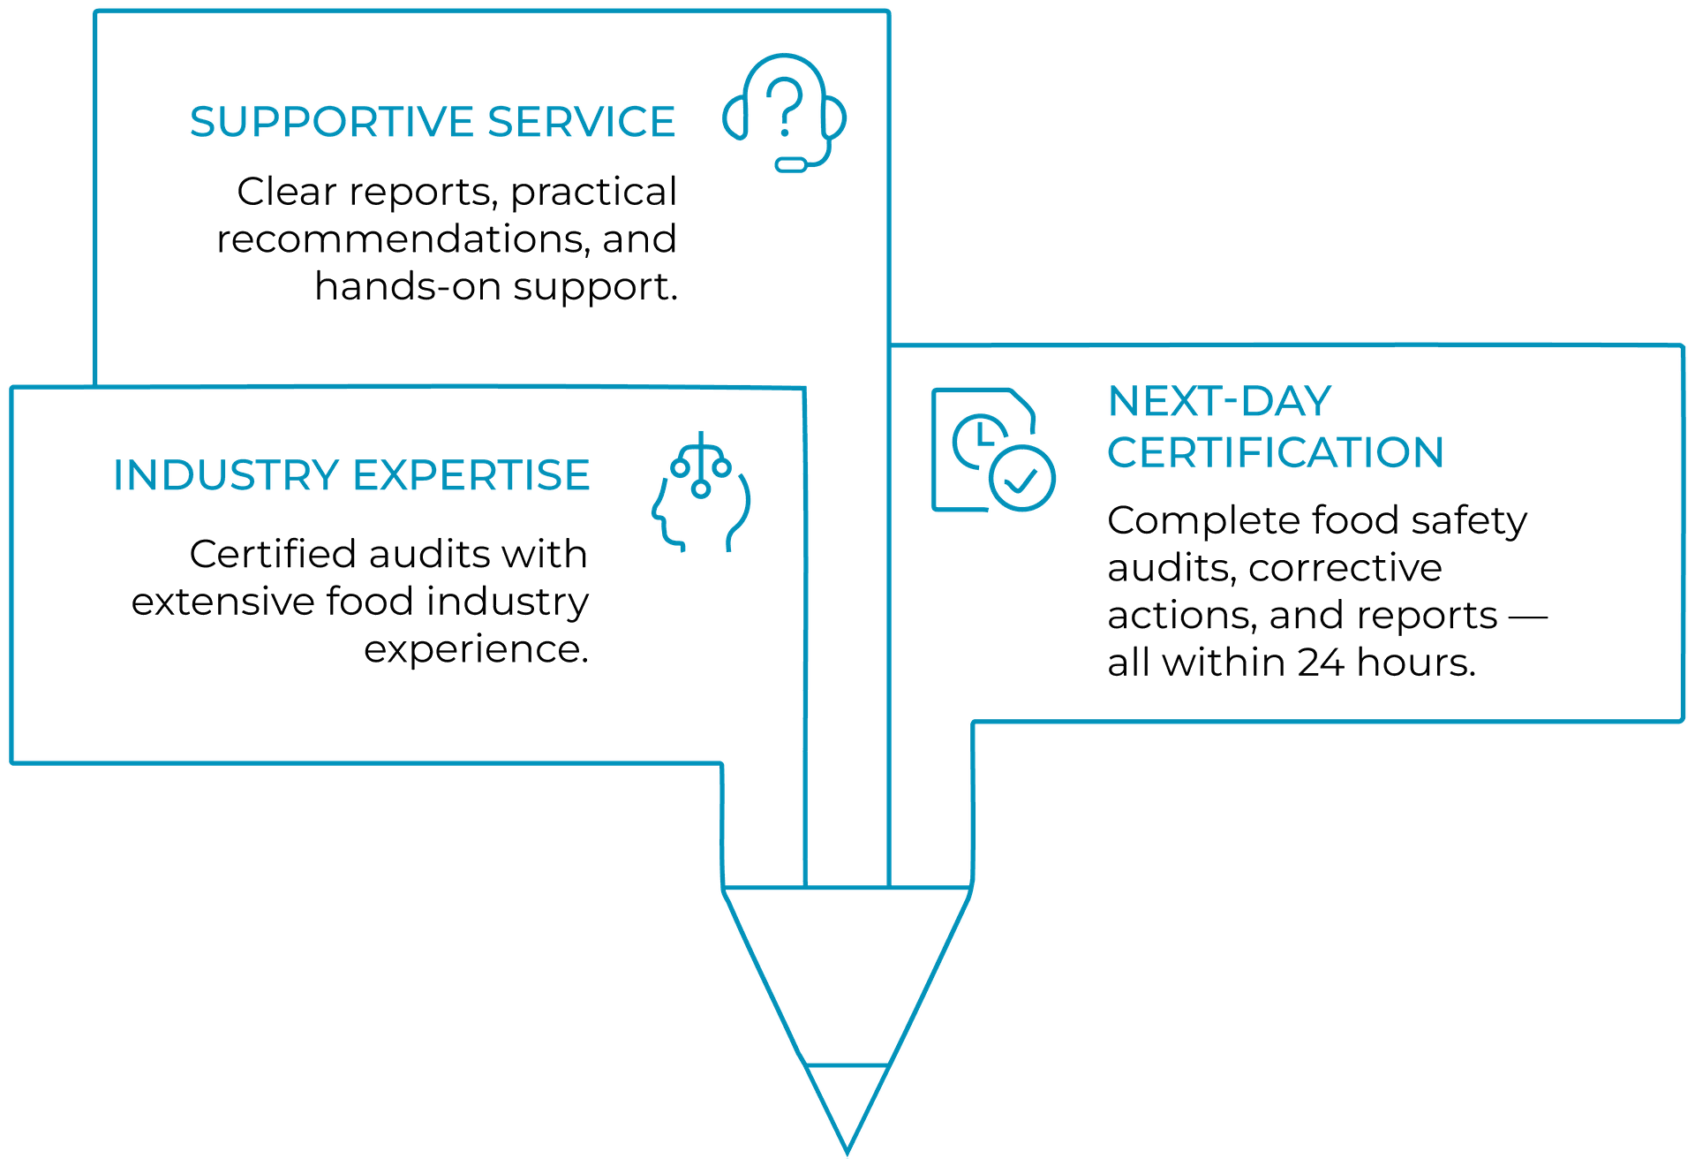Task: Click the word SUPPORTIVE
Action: point(332,122)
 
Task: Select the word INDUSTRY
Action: point(226,475)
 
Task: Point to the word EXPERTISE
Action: point(471,475)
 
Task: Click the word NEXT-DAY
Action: point(1218,402)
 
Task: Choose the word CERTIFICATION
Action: point(1275,452)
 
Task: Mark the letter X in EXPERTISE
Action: point(388,475)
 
